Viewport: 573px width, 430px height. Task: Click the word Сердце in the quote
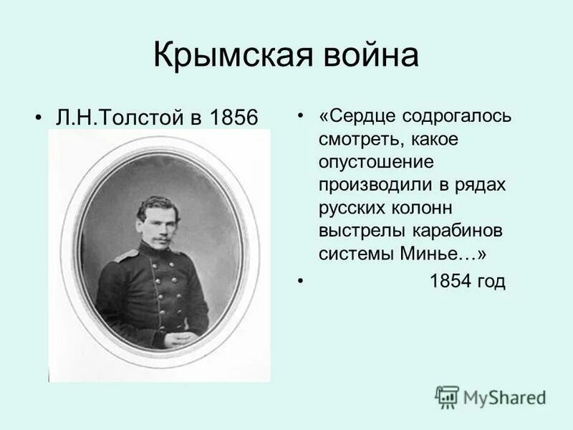pyautogui.click(x=363, y=117)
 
